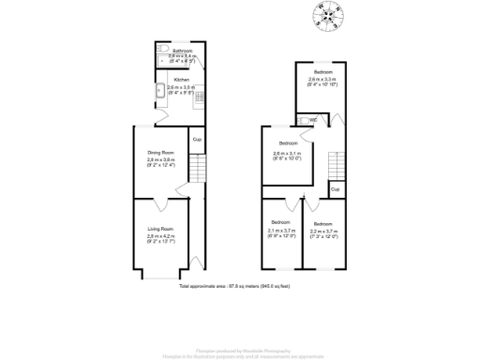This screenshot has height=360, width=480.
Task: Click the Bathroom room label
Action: (x=181, y=51)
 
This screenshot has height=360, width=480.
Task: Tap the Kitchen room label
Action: (x=181, y=81)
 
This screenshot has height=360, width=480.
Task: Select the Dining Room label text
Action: (x=161, y=152)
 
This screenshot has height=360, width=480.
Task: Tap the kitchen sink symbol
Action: (x=159, y=93)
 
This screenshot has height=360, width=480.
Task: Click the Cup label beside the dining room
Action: (x=196, y=140)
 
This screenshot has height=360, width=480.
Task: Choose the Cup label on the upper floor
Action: (x=334, y=189)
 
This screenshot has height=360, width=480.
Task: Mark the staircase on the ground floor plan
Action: (x=196, y=170)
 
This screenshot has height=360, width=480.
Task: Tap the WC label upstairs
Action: (x=313, y=120)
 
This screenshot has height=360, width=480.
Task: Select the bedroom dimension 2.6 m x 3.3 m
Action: (x=323, y=82)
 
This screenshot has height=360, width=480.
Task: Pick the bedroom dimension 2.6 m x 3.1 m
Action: (x=285, y=156)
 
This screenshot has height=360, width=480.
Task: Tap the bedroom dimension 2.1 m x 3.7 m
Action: (x=281, y=232)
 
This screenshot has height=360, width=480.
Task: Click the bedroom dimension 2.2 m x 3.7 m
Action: (x=323, y=232)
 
